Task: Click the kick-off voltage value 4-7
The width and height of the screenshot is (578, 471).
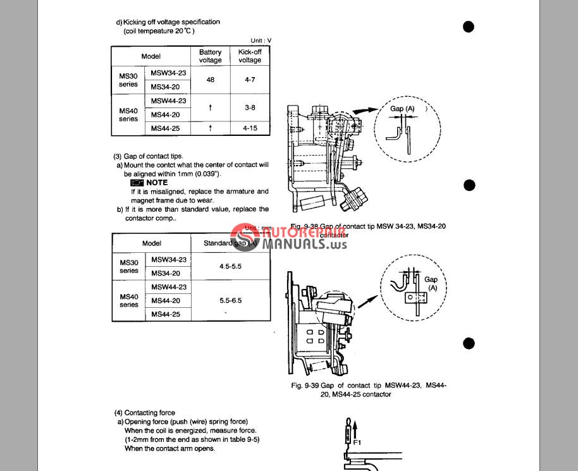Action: click(x=250, y=80)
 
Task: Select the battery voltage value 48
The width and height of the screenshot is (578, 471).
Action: click(x=210, y=80)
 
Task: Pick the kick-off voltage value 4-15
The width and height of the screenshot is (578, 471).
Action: click(x=250, y=128)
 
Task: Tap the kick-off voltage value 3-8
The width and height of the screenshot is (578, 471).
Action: click(x=250, y=107)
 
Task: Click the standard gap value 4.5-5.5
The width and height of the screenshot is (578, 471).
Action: click(x=230, y=266)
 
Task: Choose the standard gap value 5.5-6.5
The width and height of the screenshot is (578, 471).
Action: click(x=230, y=301)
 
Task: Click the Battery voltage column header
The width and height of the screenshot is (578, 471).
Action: click(x=211, y=56)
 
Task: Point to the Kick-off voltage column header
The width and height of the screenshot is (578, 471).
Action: click(x=250, y=56)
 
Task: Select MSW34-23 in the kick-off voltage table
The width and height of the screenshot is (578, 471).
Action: click(x=169, y=73)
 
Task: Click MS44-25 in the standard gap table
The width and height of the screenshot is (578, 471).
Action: click(x=168, y=314)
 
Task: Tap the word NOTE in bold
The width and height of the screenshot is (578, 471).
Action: click(x=157, y=183)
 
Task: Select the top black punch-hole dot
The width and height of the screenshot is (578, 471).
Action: click(x=469, y=27)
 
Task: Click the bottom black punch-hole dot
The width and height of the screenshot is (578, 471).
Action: click(x=469, y=343)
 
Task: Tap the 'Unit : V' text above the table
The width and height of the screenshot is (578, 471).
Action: click(x=261, y=40)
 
